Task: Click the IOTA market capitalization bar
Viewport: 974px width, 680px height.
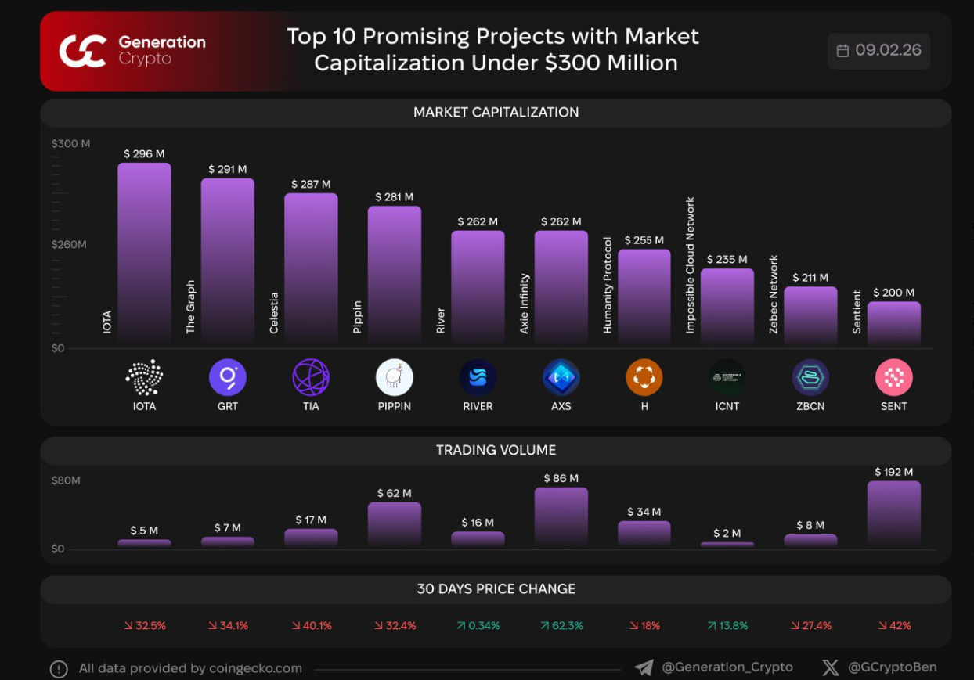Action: (144, 253)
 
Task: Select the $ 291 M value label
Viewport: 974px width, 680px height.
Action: (227, 169)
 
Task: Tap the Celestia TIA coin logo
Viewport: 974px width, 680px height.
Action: (311, 378)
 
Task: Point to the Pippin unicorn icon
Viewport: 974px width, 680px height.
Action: (395, 378)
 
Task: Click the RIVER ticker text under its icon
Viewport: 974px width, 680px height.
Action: (478, 406)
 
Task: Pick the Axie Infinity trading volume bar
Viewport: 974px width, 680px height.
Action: (561, 516)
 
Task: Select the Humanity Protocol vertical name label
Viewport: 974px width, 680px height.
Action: (608, 285)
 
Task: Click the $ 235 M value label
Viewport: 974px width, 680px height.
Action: (727, 259)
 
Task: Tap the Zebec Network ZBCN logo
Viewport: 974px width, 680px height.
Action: (810, 378)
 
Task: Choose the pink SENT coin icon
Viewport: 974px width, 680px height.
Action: (893, 378)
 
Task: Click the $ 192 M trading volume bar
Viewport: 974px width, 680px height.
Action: (893, 513)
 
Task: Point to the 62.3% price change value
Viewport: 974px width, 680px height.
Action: (561, 626)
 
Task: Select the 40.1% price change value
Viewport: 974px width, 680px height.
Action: (312, 626)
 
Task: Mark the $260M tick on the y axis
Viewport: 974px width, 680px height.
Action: (69, 244)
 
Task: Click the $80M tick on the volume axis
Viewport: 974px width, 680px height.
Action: (66, 480)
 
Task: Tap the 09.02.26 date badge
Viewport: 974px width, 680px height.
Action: (878, 51)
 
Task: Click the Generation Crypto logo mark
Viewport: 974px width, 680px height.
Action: (82, 51)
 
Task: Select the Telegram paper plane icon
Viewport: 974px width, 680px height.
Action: (644, 667)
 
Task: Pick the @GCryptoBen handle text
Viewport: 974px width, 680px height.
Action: (892, 667)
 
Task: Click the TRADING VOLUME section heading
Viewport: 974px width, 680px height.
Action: (496, 450)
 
